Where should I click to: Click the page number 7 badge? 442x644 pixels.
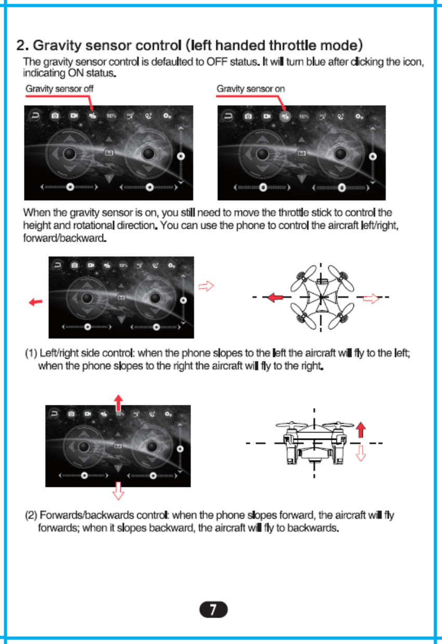pyautogui.click(x=213, y=609)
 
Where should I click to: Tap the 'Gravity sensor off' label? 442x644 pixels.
pyautogui.click(x=59, y=89)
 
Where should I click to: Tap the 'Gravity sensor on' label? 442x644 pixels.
pyautogui.click(x=251, y=89)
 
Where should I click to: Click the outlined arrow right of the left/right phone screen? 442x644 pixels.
pyautogui.click(x=206, y=285)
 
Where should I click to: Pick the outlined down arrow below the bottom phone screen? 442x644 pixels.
pyautogui.click(x=119, y=490)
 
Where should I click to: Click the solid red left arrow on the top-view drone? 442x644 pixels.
pyautogui.click(x=275, y=298)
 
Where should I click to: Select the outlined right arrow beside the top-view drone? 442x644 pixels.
pyautogui.click(x=370, y=298)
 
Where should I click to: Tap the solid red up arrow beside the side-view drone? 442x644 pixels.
pyautogui.click(x=360, y=430)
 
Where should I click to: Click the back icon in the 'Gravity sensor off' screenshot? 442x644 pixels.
pyautogui.click(x=36, y=116)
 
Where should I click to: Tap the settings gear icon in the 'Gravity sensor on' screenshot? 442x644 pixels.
pyautogui.click(x=359, y=116)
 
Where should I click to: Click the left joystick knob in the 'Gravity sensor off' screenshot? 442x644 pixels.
pyautogui.click(x=70, y=154)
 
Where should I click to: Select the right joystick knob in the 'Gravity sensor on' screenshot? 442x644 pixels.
pyautogui.click(x=341, y=154)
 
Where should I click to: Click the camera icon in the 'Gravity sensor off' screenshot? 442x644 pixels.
pyautogui.click(x=55, y=116)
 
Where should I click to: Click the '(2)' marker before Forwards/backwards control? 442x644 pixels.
pyautogui.click(x=31, y=516)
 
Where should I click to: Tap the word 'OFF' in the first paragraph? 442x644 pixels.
pyautogui.click(x=217, y=63)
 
